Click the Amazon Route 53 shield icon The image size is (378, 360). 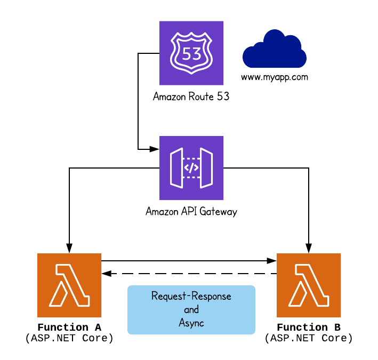191,53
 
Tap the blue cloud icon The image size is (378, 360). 274,50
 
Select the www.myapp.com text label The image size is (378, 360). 275,77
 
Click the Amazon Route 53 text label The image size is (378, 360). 191,97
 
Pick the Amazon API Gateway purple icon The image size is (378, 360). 191,167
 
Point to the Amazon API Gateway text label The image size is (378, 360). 191,212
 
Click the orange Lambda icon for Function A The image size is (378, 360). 69,285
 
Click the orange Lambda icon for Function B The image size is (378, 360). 308,285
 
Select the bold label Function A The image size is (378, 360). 69,327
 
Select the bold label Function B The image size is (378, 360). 308,327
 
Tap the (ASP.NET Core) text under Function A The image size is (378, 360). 69,339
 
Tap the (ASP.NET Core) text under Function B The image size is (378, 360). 308,339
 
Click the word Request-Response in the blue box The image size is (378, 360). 191,296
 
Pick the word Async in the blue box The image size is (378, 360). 191,323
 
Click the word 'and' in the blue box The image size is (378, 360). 191,310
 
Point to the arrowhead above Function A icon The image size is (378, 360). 69,248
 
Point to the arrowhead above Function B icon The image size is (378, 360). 308,248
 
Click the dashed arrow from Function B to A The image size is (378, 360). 189,274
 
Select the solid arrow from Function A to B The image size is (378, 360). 189,261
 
